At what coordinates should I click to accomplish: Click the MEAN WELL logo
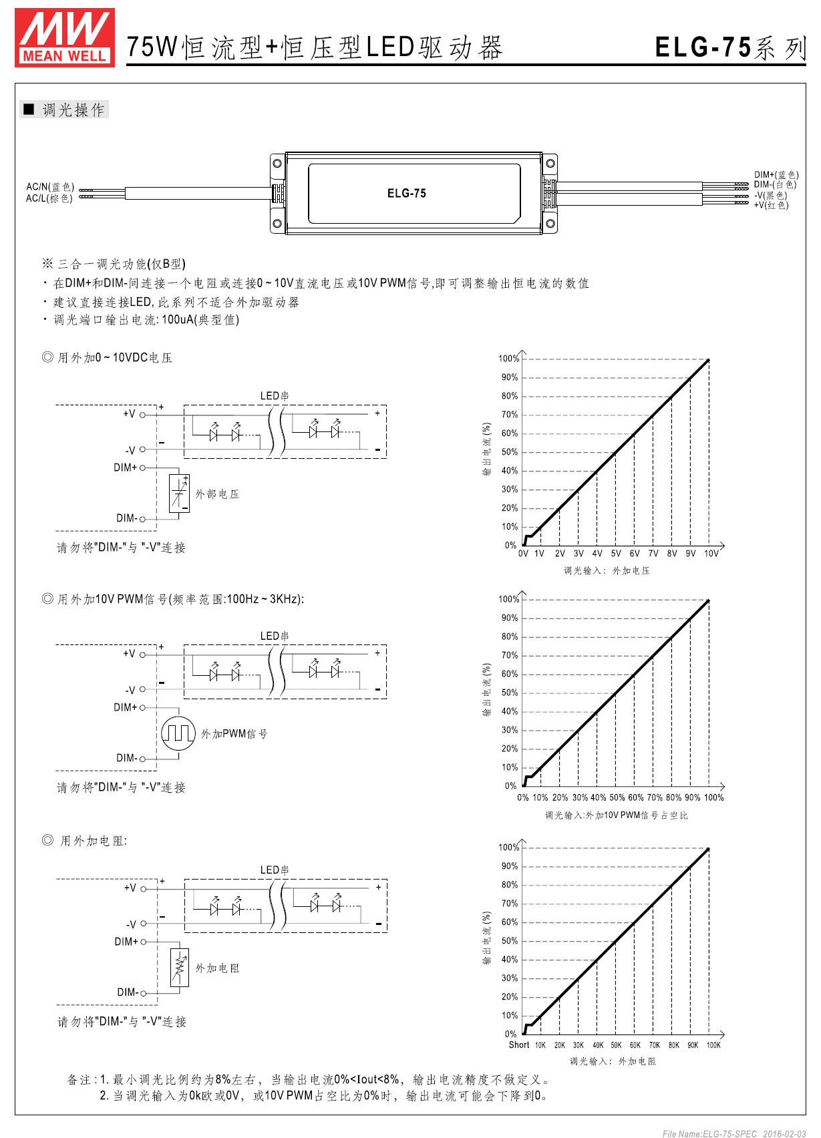pos(65,37)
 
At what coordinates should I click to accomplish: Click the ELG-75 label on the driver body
pos(406,194)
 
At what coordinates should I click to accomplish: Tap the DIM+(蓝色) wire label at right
pos(776,175)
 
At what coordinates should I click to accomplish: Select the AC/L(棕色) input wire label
pos(49,198)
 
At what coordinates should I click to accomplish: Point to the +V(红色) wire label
pos(771,205)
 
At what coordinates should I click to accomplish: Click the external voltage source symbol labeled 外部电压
pos(179,494)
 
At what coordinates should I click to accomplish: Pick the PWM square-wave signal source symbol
pos(178,733)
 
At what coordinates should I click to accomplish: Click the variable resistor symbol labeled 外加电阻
pos(179,967)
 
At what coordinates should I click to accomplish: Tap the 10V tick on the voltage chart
pos(711,554)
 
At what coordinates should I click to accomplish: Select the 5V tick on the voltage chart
pos(616,554)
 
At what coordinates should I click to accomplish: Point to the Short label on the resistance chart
pos(519,1045)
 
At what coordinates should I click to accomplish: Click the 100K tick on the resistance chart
pos(713,1045)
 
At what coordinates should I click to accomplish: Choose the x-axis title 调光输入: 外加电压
pos(607,571)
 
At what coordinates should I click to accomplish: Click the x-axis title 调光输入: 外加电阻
pos(612,1061)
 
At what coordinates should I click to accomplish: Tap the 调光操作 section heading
pos(73,110)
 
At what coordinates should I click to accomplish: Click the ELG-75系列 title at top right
pos(731,48)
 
